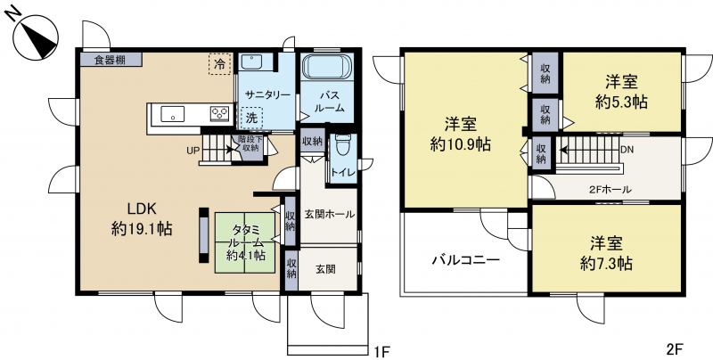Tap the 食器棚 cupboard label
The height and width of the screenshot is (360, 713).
tap(111, 60)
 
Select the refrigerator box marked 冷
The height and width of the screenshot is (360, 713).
tap(220, 64)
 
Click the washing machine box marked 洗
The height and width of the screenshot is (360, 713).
tap(251, 119)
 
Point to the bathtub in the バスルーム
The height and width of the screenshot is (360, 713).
tap(327, 66)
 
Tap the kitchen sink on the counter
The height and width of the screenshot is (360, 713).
tap(172, 114)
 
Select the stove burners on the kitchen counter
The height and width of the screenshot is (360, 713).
tap(220, 113)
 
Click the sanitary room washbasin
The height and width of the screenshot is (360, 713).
tap(250, 61)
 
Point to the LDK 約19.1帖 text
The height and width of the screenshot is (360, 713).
tap(142, 218)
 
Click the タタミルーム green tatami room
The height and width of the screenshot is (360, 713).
tap(246, 242)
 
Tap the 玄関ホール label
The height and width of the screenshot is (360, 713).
tap(329, 214)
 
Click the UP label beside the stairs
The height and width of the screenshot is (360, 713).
tap(193, 150)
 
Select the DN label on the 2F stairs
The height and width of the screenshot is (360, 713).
tap(627, 149)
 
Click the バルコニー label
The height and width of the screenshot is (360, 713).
tap(466, 260)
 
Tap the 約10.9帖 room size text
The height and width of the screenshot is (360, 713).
tap(460, 144)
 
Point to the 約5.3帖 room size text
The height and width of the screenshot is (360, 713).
tap(621, 102)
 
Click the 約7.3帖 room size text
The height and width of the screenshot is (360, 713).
tap(607, 263)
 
